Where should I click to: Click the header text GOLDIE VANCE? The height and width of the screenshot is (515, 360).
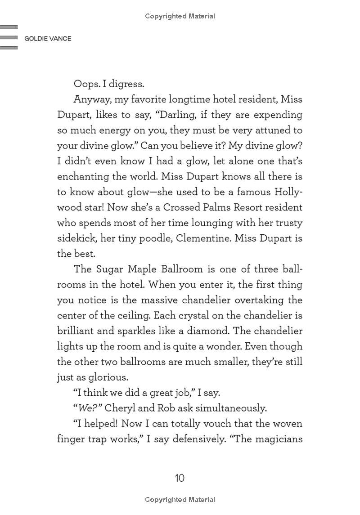coord(47,38)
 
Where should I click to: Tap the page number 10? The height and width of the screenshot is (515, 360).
coord(180,478)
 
